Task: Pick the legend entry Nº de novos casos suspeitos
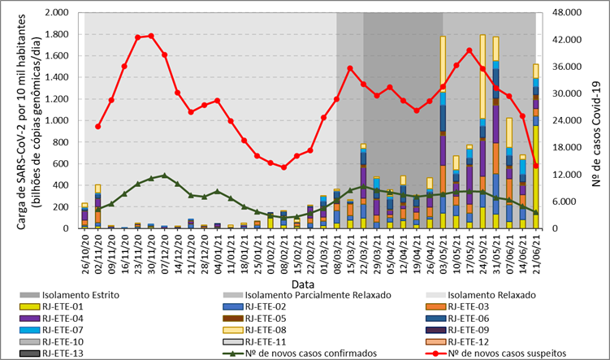[504, 353]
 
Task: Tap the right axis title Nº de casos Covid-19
[597, 120]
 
